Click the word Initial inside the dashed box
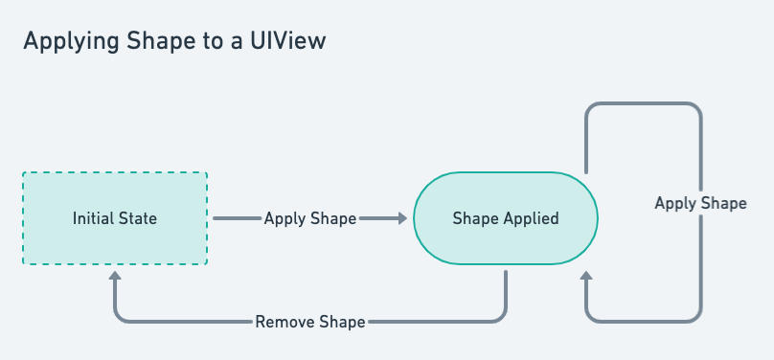pyautogui.click(x=93, y=219)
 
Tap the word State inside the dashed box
pyautogui.click(x=137, y=219)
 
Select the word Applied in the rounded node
pyautogui.click(x=533, y=219)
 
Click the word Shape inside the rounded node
pyautogui.click(x=476, y=219)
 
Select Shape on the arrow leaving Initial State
pyautogui.click(x=334, y=218)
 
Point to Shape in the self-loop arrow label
pyautogui.click(x=724, y=204)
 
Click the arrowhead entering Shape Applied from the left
pyautogui.click(x=400, y=218)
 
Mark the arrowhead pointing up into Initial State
pyautogui.click(x=115, y=276)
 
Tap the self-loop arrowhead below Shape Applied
pyautogui.click(x=586, y=278)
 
